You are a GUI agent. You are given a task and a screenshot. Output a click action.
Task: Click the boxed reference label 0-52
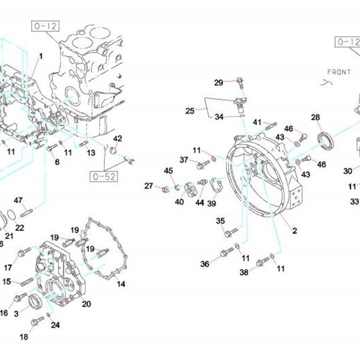pos(104,176)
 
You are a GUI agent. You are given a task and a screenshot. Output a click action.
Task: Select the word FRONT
pos(339,72)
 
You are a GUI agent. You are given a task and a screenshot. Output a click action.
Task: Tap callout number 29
pos(219,82)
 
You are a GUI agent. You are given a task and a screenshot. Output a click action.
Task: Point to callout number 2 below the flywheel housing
pos(295,230)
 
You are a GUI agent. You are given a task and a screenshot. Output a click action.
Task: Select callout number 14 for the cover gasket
pos(121,284)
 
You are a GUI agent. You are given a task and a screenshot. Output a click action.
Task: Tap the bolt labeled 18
pos(37,321)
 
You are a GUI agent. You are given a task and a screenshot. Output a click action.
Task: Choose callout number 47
pos(18,201)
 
